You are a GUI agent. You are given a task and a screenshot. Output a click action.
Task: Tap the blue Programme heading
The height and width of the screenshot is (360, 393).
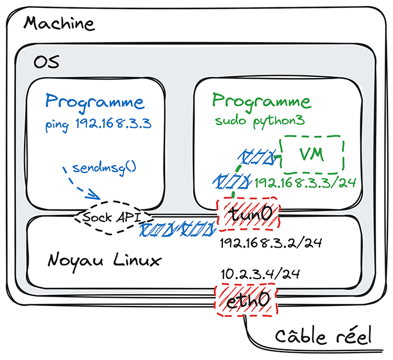point(94,102)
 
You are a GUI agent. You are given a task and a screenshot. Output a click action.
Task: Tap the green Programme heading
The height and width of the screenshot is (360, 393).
point(261,102)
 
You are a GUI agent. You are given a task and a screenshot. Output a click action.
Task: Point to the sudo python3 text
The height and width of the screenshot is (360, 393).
point(259,121)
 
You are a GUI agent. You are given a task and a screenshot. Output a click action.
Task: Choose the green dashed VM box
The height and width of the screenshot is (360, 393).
point(312,154)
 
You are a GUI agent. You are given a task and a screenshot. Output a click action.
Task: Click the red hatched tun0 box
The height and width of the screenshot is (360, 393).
point(248,213)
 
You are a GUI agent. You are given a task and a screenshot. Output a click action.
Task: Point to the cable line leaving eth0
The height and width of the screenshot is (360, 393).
point(251,331)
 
